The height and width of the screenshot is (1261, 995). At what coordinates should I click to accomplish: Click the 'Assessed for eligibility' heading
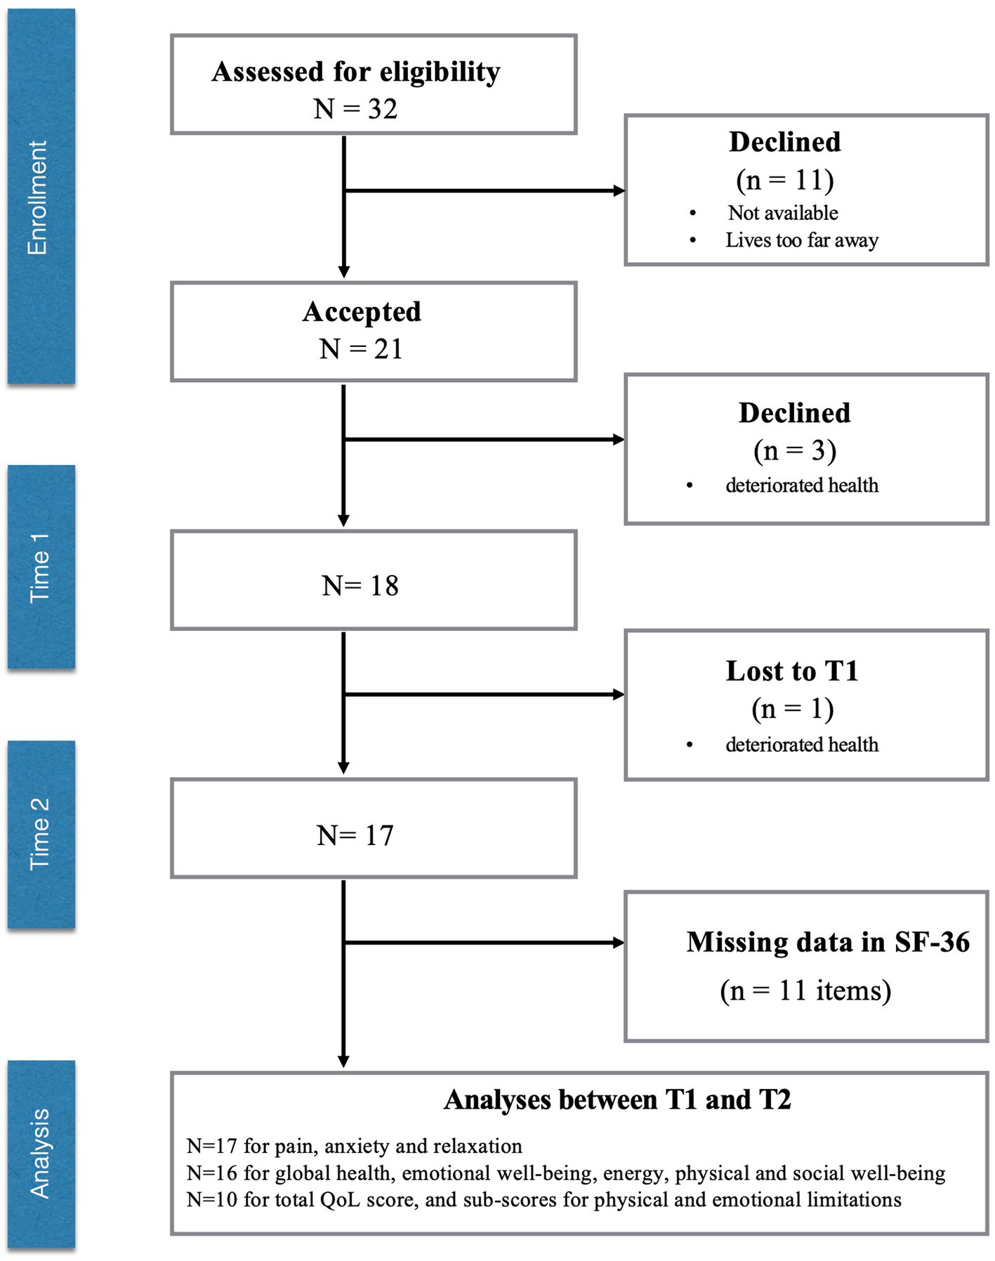[356, 72]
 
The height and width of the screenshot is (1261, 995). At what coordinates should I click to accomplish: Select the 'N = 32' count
[355, 109]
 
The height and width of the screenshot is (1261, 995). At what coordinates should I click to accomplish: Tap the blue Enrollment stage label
[41, 197]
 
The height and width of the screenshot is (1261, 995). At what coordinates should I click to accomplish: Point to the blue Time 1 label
[41, 566]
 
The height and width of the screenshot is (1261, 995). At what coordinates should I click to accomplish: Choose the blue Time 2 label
[41, 834]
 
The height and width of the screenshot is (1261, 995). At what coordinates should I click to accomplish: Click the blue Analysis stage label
[41, 1154]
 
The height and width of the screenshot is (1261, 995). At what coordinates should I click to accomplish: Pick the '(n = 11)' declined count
[785, 181]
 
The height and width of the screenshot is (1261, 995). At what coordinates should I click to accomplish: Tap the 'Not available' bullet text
[783, 213]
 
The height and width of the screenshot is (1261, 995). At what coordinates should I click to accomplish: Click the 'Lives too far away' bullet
[802, 240]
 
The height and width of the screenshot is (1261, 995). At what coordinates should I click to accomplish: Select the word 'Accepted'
[362, 312]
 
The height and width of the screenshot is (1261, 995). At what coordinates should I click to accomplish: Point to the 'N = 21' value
[361, 349]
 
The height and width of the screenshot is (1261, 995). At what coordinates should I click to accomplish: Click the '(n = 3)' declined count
[795, 451]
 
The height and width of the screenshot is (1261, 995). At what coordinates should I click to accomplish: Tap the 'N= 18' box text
[360, 586]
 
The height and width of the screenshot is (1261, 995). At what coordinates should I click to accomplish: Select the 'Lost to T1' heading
[792, 671]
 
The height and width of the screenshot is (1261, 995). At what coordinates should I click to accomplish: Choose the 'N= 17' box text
[355, 836]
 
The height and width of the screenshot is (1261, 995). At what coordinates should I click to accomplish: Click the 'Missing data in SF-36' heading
[828, 942]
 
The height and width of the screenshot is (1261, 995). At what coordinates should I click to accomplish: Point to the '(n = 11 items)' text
[805, 991]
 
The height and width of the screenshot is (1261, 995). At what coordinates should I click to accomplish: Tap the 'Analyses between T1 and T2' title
[617, 1099]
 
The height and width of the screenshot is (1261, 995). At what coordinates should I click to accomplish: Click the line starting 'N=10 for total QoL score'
[543, 1199]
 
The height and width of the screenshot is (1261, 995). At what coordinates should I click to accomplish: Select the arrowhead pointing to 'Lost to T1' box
[619, 695]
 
